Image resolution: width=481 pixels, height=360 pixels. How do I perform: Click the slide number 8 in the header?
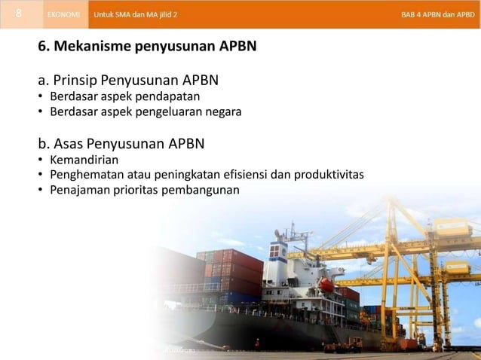tap(17, 14)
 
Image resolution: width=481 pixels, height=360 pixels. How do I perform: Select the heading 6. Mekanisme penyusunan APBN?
tap(147, 47)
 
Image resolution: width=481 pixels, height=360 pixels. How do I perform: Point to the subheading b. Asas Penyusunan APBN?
tap(121, 143)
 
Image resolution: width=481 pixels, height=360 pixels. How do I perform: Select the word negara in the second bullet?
tap(223, 112)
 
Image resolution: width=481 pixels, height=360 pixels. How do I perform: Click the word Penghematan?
tap(84, 175)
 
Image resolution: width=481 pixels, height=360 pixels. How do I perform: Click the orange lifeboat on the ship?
tap(326, 285)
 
